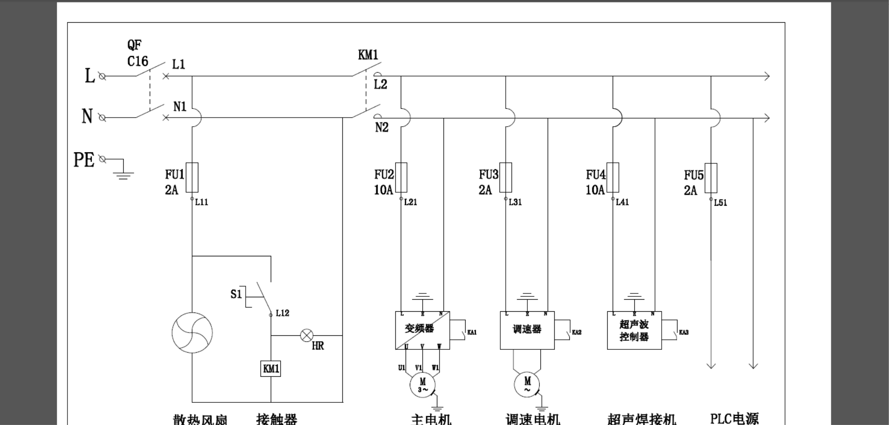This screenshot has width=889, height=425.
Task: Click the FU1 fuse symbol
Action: click(x=192, y=177)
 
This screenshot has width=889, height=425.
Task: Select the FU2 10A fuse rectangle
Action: click(x=401, y=177)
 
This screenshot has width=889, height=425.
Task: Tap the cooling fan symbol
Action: click(x=192, y=332)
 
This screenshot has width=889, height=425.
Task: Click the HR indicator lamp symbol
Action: click(x=307, y=335)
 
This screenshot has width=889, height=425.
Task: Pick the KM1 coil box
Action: click(x=271, y=369)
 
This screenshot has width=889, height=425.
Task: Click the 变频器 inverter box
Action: click(x=422, y=330)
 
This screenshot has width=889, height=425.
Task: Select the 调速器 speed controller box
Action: click(x=527, y=330)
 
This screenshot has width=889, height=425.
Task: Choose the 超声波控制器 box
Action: click(x=634, y=330)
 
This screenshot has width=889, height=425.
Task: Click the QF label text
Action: click(x=134, y=45)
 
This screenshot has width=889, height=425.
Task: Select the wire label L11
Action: click(x=202, y=202)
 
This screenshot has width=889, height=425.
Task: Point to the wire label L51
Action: click(x=720, y=203)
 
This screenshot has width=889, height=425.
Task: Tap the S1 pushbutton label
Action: click(x=236, y=294)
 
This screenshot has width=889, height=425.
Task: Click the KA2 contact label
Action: click(x=576, y=332)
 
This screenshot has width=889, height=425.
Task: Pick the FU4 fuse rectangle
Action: click(x=613, y=177)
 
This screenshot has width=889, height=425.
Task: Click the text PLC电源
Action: click(x=734, y=418)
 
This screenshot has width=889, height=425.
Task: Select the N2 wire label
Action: click(x=382, y=127)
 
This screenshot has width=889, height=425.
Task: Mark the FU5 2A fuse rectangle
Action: click(x=711, y=178)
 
